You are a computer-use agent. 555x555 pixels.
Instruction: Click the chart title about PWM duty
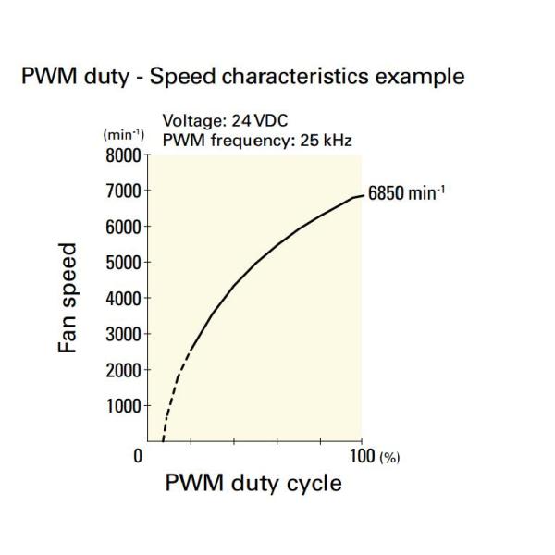pyautogui.click(x=244, y=76)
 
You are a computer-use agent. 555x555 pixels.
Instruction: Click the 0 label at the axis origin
pyautogui.click(x=138, y=455)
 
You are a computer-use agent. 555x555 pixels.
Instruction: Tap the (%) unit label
pyautogui.click(x=388, y=457)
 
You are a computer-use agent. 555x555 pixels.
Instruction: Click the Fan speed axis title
pyautogui.click(x=68, y=298)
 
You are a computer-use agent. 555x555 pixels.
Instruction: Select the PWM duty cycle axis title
pyautogui.click(x=253, y=483)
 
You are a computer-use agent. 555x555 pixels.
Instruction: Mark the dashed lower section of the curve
pyautogui.click(x=175, y=388)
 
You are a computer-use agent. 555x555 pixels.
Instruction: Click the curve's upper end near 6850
pyautogui.click(x=359, y=196)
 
